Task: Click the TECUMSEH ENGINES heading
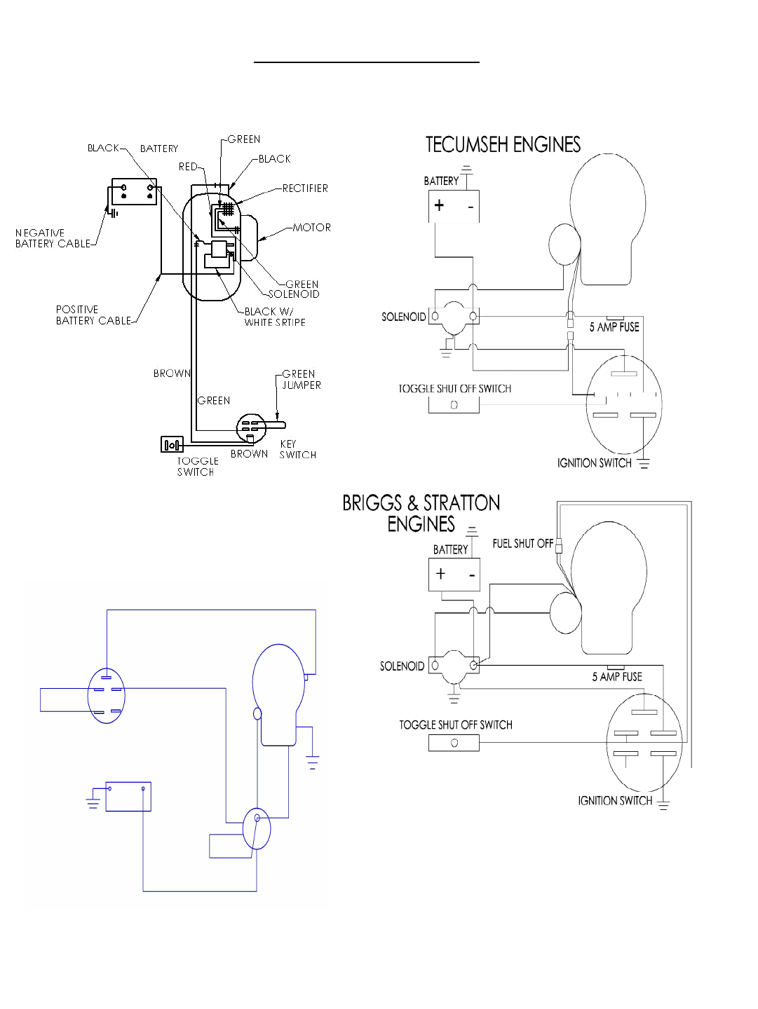click(503, 144)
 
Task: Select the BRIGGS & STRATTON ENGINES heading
click(421, 514)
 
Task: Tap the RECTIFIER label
click(305, 188)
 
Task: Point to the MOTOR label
click(312, 228)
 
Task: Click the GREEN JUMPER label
click(302, 380)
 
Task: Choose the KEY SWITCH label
click(297, 450)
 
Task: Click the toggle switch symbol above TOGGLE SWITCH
click(172, 444)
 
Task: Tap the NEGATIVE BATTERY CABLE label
click(53, 238)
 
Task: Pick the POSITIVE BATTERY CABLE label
click(93, 315)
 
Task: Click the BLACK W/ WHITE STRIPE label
click(275, 317)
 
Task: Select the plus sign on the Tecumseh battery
click(439, 205)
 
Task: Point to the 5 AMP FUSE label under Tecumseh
click(614, 327)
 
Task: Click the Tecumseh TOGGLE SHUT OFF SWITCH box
click(454, 405)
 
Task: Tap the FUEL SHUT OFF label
click(523, 544)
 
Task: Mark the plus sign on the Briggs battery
click(440, 573)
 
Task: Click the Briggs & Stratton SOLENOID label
click(402, 666)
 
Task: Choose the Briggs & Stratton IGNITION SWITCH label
click(615, 801)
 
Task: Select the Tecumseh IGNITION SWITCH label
click(594, 463)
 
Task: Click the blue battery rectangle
click(128, 797)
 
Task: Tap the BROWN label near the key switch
click(250, 454)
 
